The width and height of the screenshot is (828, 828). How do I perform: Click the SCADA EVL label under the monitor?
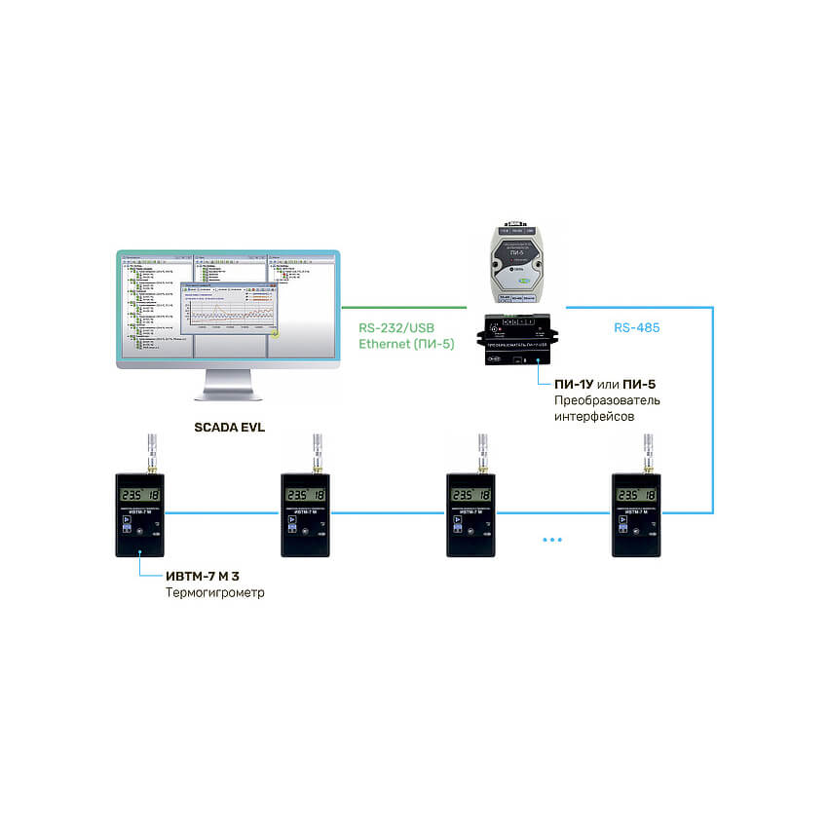coord(230,426)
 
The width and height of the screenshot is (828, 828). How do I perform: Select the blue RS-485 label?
coord(636,328)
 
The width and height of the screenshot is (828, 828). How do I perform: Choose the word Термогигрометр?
coord(214,592)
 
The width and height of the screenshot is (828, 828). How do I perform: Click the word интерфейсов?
coord(594,417)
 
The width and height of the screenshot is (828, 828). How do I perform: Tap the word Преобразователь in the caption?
coord(607,400)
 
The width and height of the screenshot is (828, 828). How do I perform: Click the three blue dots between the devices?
coord(552,539)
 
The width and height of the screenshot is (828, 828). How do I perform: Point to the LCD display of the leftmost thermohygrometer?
coord(140,495)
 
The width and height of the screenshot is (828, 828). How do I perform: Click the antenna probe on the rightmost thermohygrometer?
coord(643,452)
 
